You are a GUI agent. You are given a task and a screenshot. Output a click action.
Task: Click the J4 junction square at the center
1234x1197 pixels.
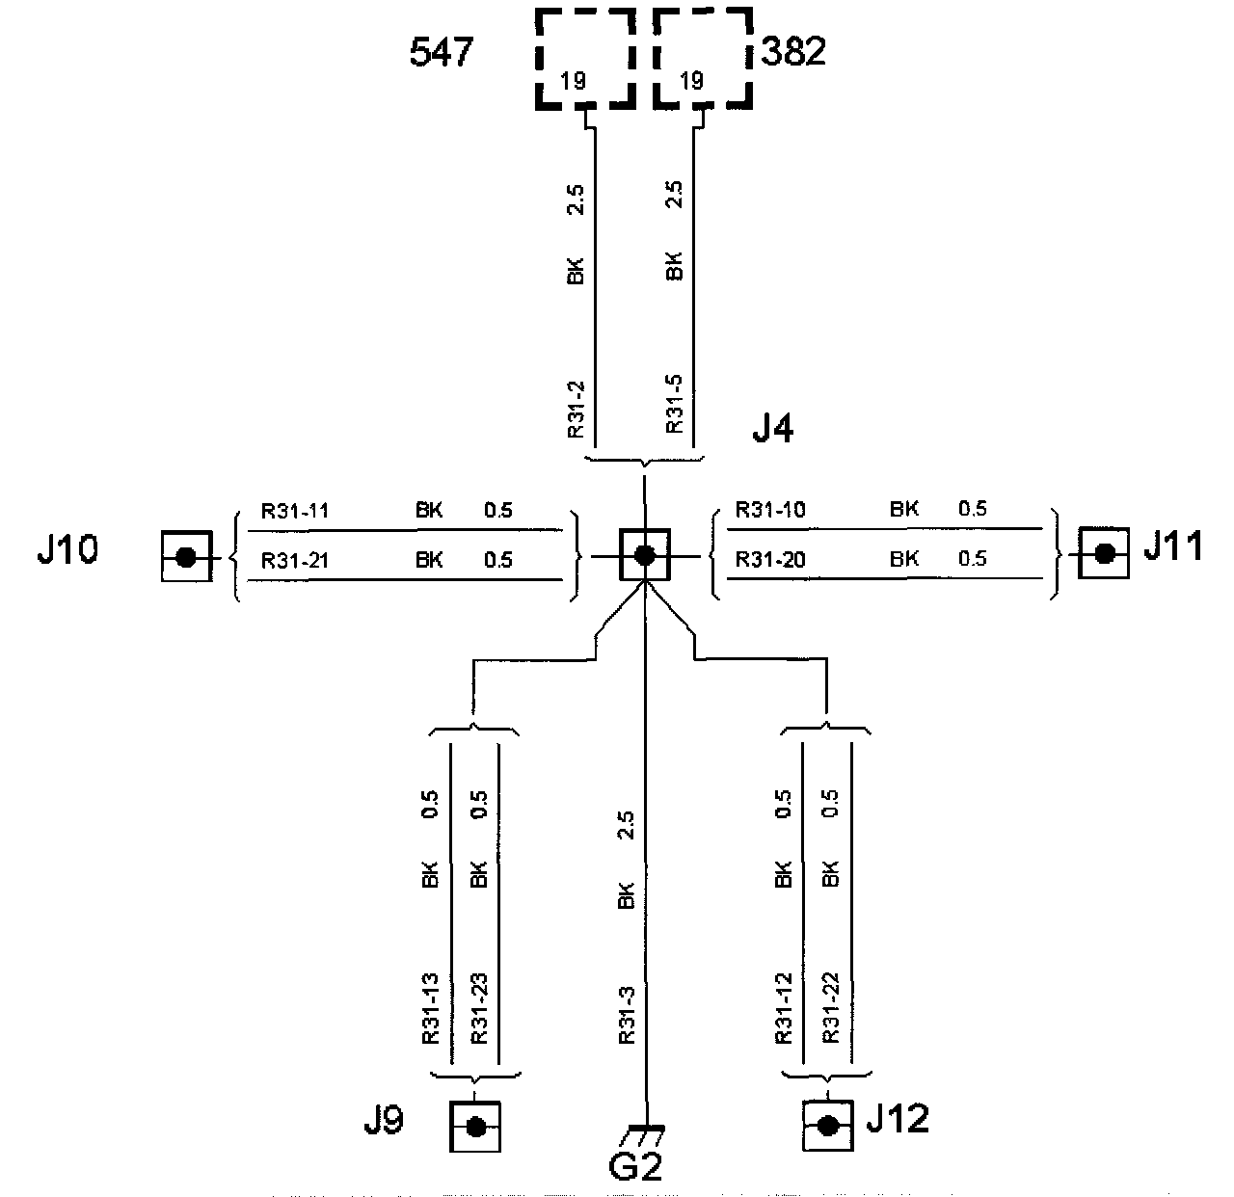tap(644, 554)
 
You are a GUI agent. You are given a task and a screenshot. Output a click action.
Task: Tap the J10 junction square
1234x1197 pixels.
tap(186, 556)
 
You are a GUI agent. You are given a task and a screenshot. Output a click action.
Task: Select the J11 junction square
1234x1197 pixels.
tap(1105, 552)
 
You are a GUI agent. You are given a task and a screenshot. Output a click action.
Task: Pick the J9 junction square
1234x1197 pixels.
tap(475, 1127)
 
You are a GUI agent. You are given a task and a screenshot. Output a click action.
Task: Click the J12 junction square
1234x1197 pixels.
tap(827, 1126)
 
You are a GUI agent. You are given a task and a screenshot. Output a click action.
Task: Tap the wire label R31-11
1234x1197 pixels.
tap(295, 511)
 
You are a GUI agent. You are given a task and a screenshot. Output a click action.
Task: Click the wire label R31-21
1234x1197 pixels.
tap(295, 560)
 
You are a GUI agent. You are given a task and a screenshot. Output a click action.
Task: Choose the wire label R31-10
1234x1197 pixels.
tap(769, 510)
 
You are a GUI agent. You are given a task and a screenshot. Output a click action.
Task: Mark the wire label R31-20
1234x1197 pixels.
tap(769, 559)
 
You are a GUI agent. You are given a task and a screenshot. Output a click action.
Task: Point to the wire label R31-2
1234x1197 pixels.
tap(576, 410)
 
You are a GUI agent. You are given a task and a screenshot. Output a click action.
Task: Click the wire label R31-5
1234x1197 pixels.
tap(675, 406)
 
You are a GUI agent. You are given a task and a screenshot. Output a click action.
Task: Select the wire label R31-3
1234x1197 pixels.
tap(626, 1015)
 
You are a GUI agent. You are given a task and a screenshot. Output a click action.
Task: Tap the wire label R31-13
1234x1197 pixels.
tap(430, 1009)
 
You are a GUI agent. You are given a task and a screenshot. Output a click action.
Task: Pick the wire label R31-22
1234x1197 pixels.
tap(831, 1009)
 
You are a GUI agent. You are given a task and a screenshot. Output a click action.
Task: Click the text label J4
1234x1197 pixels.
tap(772, 429)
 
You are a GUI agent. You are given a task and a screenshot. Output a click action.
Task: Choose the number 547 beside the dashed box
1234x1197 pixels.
tap(442, 53)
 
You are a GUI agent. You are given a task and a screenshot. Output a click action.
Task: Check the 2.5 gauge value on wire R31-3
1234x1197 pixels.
tap(626, 826)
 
